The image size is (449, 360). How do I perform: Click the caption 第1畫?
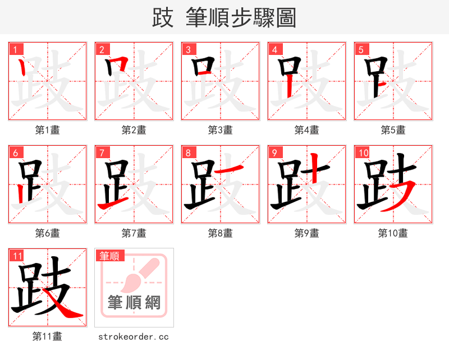click(x=48, y=130)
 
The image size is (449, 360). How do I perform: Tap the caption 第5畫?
click(x=393, y=130)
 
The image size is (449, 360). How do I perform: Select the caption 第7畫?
click(x=134, y=233)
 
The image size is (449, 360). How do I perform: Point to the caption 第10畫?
click(x=393, y=233)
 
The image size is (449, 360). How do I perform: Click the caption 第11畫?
click(x=48, y=336)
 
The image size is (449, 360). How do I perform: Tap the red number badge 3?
click(x=188, y=50)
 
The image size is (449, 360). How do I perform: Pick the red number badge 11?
click(x=17, y=256)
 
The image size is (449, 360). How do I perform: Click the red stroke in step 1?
click(x=22, y=68)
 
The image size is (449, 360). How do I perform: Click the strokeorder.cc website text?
click(x=134, y=337)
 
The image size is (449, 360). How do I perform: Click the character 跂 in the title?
click(x=163, y=18)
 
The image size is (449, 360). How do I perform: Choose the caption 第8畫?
click(x=221, y=233)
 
